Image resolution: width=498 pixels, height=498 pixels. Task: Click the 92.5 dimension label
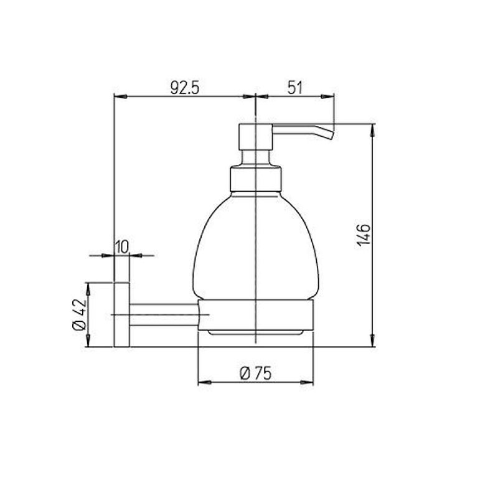pyautogui.click(x=185, y=87)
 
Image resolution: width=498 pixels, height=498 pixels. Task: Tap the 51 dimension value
pyautogui.click(x=295, y=87)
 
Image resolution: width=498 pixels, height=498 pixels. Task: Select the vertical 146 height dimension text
pyautogui.click(x=364, y=235)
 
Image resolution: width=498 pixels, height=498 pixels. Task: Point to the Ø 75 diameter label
pyautogui.click(x=256, y=373)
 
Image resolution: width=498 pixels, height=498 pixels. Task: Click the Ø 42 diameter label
pyautogui.click(x=80, y=314)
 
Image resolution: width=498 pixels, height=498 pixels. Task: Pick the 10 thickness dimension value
pyautogui.click(x=121, y=247)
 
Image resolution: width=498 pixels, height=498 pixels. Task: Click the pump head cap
pyautogui.click(x=256, y=137)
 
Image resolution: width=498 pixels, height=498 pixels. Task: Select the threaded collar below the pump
pyautogui.click(x=256, y=179)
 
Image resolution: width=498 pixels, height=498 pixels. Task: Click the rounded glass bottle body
pyautogui.click(x=256, y=246)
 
